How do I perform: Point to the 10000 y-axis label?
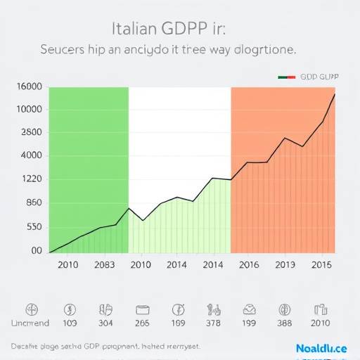[29, 110]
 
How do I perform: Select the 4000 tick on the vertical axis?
[29, 156]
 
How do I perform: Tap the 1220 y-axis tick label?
[29, 179]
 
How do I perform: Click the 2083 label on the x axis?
[104, 265]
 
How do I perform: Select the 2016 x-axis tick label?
[249, 265]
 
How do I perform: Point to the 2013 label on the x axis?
[285, 265]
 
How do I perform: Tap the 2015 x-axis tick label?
[321, 265]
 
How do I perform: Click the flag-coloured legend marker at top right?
[287, 77]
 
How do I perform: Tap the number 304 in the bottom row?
[106, 323]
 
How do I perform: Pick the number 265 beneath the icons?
[142, 323]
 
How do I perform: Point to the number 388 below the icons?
[285, 323]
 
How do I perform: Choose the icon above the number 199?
[249, 309]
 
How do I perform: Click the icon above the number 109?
[70, 309]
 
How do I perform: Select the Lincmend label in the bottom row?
[31, 323]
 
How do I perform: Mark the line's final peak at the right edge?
[334, 94]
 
